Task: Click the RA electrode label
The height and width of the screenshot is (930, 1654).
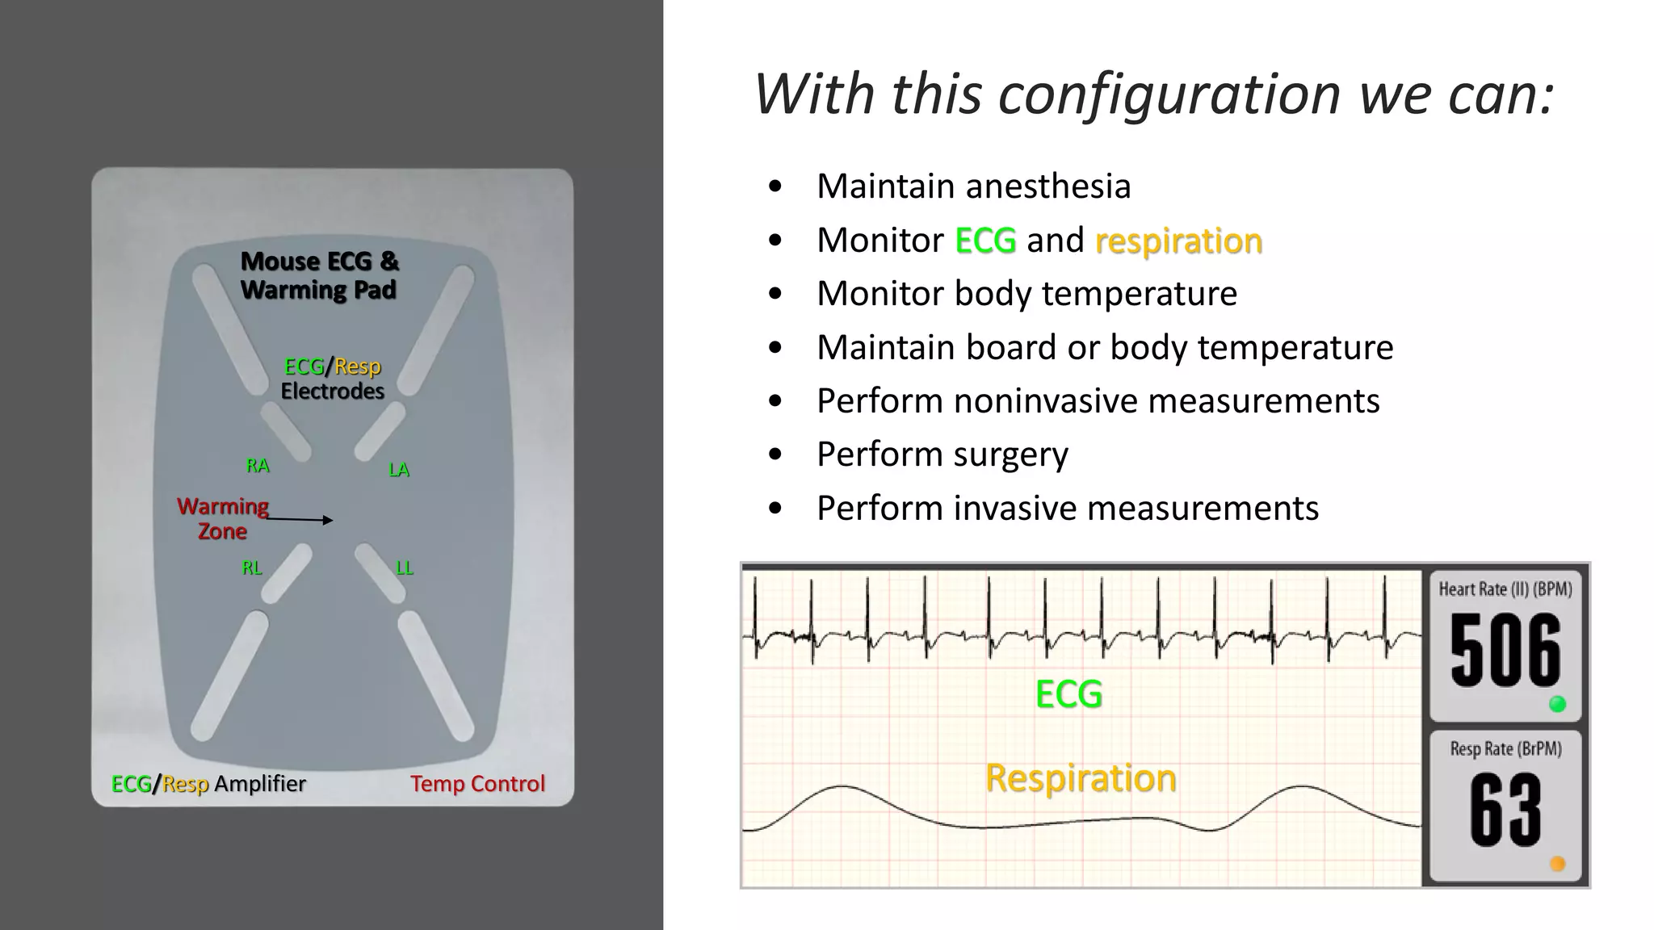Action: click(258, 466)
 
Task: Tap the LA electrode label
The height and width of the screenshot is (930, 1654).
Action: click(399, 470)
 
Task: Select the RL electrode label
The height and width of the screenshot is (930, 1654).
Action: click(252, 568)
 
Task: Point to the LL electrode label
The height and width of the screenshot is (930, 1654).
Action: click(405, 568)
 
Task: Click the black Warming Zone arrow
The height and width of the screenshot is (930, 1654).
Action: click(300, 520)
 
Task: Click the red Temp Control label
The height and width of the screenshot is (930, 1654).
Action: click(477, 784)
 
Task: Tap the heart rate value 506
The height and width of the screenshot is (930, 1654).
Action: click(1505, 650)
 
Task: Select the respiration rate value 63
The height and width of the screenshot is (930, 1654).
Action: click(1505, 810)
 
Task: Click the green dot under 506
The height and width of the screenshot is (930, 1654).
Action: click(1558, 705)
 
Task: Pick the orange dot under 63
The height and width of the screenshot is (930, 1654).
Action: click(1558, 864)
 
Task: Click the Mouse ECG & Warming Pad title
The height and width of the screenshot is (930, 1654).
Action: click(319, 275)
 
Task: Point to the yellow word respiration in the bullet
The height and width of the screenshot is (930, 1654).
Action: click(1178, 241)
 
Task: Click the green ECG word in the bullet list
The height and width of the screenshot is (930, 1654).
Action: click(985, 241)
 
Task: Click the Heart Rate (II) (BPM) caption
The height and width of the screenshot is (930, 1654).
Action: click(1505, 589)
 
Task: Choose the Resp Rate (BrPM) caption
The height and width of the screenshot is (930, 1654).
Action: click(1505, 749)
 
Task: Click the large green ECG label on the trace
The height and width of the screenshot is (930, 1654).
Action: click(1068, 694)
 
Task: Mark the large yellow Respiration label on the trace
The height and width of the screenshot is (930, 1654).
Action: click(1081, 778)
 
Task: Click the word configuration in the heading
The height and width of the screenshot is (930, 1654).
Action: click(1169, 94)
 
